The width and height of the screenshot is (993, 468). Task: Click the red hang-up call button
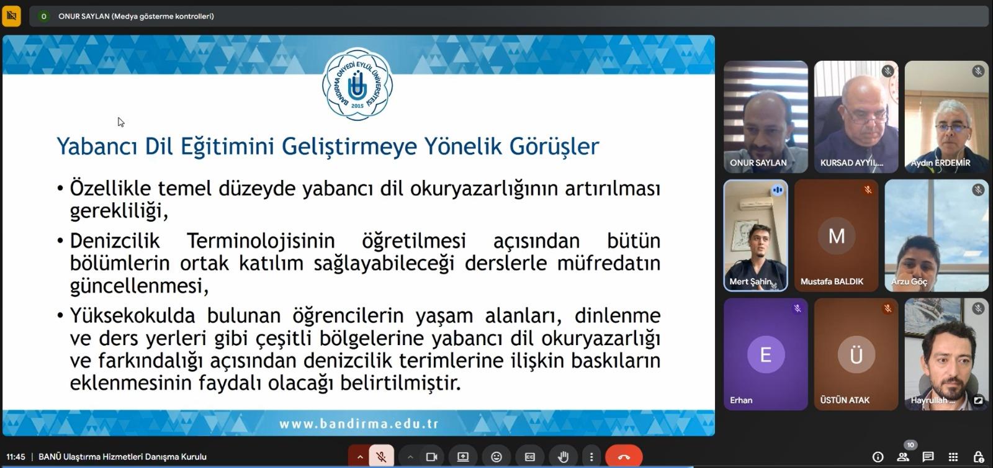(x=624, y=456)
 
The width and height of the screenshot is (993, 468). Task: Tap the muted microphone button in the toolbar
(x=381, y=456)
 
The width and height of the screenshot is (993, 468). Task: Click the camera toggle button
(x=431, y=456)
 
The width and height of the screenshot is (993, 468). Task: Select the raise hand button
(x=563, y=456)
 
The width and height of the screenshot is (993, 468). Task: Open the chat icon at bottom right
(x=928, y=456)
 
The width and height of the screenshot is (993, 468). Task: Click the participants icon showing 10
(x=903, y=456)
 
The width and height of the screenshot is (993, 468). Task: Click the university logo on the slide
(x=357, y=84)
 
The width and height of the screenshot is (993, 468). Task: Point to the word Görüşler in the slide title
(x=554, y=146)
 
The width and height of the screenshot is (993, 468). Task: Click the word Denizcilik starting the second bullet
(x=115, y=241)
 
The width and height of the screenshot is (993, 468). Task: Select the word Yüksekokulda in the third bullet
(x=133, y=316)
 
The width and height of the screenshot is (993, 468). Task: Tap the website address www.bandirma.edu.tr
(x=359, y=424)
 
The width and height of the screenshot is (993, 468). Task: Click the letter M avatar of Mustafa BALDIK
(x=837, y=236)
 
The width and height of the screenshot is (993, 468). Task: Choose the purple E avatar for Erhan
(x=766, y=354)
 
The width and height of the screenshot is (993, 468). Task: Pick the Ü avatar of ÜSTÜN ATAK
(x=856, y=354)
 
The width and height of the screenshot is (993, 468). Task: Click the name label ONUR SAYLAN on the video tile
(x=758, y=163)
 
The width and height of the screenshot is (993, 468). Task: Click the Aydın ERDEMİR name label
(x=940, y=163)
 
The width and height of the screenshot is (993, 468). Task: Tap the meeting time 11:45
(x=16, y=457)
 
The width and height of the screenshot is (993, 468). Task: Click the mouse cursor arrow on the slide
(x=121, y=122)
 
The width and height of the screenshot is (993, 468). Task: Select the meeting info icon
(x=878, y=456)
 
